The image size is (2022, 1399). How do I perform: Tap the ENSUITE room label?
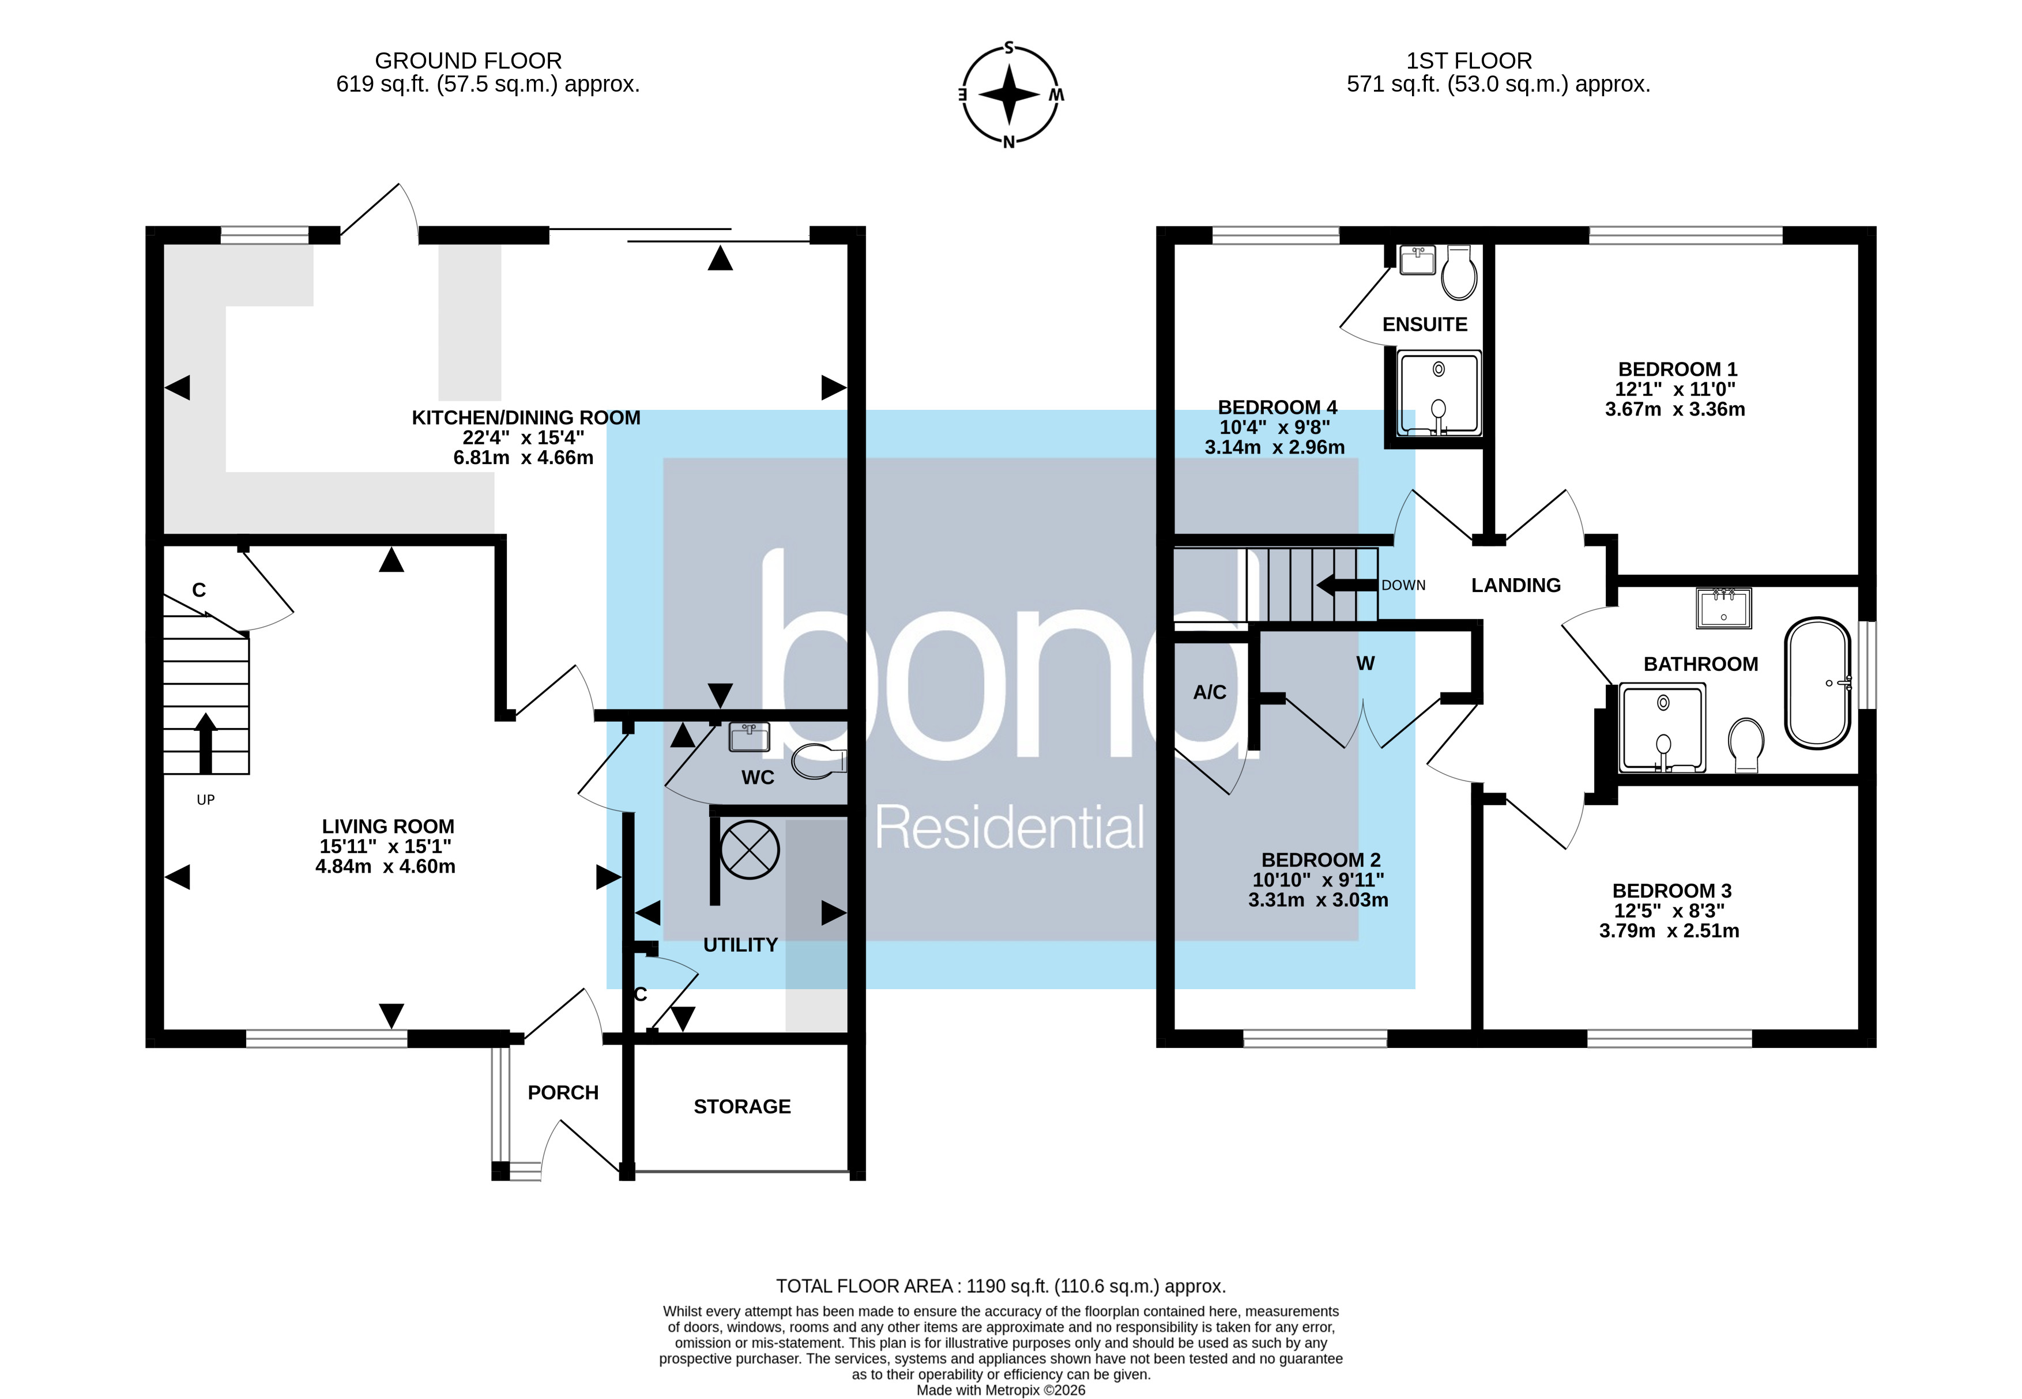pyautogui.click(x=1424, y=325)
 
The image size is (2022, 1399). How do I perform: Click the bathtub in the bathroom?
pyautogui.click(x=1818, y=684)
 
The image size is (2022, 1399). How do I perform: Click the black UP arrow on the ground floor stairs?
pyautogui.click(x=205, y=742)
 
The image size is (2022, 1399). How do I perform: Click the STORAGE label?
pyautogui.click(x=742, y=1106)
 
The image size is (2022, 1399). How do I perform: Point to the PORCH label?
pyautogui.click(x=563, y=1092)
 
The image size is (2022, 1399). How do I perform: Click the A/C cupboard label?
pyautogui.click(x=1209, y=692)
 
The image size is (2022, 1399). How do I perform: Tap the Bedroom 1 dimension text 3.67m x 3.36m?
pyautogui.click(x=1675, y=409)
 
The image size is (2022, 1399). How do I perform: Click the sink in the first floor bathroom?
pyautogui.click(x=1724, y=608)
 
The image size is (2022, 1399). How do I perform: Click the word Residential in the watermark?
pyautogui.click(x=1009, y=828)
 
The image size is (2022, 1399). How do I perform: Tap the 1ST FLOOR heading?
pyautogui.click(x=1469, y=61)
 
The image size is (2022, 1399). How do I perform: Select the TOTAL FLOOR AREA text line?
pyautogui.click(x=1000, y=1286)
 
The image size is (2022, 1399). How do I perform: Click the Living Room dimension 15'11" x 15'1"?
pyautogui.click(x=385, y=846)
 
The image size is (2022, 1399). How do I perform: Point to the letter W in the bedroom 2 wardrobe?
pyautogui.click(x=1365, y=663)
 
